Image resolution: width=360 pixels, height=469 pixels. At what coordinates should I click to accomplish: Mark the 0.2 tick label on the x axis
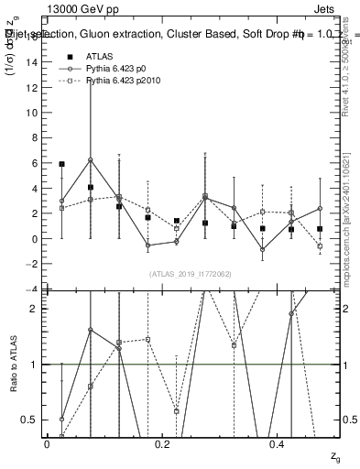[x=162, y=443]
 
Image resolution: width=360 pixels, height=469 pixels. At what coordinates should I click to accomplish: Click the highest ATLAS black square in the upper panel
[x=61, y=164]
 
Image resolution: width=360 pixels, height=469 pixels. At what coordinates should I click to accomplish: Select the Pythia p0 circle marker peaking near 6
[x=90, y=160]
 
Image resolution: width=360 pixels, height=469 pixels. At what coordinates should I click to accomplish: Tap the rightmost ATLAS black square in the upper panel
[x=320, y=229]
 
